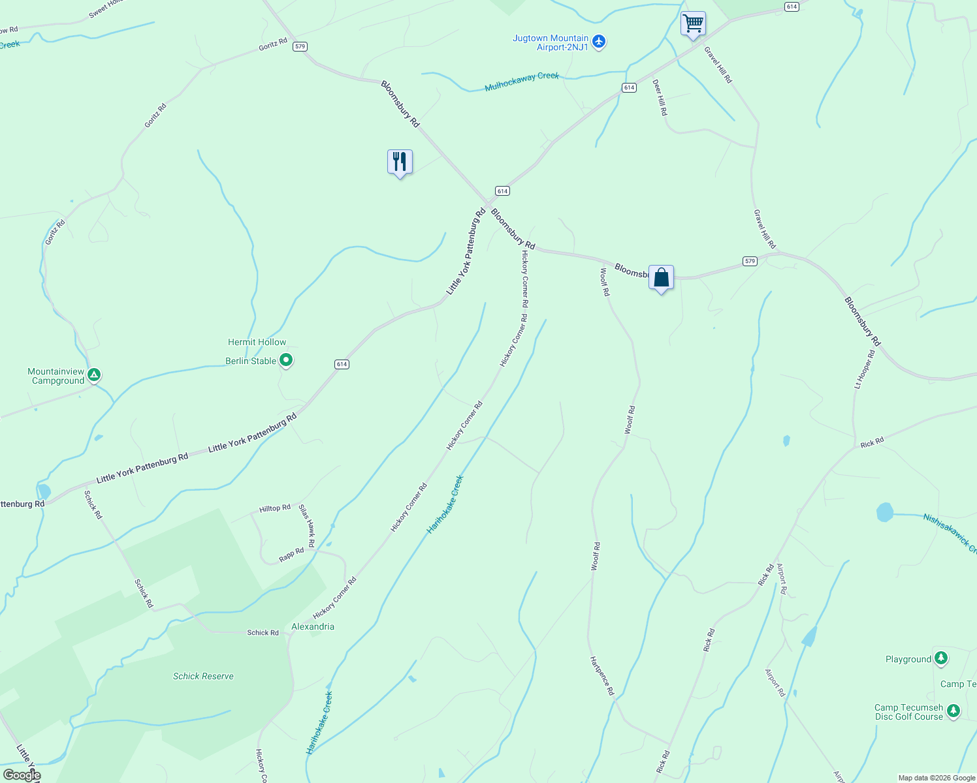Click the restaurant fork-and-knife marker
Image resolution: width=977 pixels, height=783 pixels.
click(400, 161)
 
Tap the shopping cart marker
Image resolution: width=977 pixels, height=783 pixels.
click(692, 23)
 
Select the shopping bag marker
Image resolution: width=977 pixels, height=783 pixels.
click(661, 277)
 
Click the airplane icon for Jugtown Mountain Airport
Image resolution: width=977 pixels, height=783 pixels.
click(599, 42)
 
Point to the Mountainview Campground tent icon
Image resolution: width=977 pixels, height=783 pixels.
click(94, 375)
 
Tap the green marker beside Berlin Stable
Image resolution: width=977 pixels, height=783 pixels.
click(285, 360)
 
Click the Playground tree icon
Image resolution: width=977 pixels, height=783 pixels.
click(940, 658)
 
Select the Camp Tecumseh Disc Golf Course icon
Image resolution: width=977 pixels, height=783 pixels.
click(953, 711)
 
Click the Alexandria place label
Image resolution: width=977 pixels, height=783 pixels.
click(313, 626)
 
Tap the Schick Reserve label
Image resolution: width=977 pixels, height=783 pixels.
click(203, 676)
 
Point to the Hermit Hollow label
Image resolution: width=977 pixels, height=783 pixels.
click(257, 342)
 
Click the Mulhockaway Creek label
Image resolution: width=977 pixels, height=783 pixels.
click(522, 81)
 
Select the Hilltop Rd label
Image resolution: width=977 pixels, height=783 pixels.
click(275, 508)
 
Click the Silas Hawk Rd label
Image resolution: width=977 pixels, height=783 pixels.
click(307, 525)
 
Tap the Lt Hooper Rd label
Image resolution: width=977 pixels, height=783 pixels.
click(864, 369)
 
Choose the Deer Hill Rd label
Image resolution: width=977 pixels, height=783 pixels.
click(660, 97)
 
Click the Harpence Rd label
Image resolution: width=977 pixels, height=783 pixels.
click(601, 675)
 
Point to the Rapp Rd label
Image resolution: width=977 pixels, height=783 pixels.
click(291, 555)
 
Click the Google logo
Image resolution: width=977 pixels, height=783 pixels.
click(22, 775)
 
